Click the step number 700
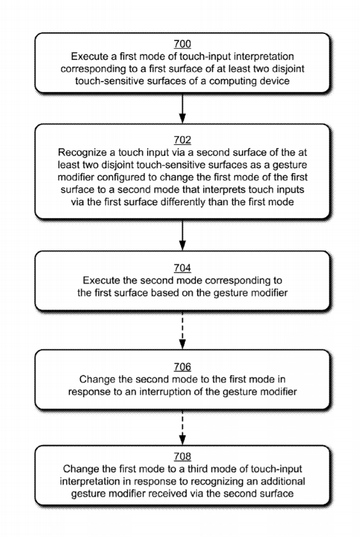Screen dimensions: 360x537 coord(182,44)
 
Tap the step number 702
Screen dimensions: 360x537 coord(182,140)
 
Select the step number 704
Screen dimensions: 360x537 coord(182,268)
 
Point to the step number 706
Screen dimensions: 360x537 coord(182,367)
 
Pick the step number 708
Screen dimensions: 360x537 coord(182,457)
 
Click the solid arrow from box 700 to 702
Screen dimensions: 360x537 coord(182,109)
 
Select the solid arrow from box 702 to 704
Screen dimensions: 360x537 coord(182,235)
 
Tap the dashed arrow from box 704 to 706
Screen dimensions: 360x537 coord(182,331)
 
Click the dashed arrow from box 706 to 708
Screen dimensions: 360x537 coord(182,428)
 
